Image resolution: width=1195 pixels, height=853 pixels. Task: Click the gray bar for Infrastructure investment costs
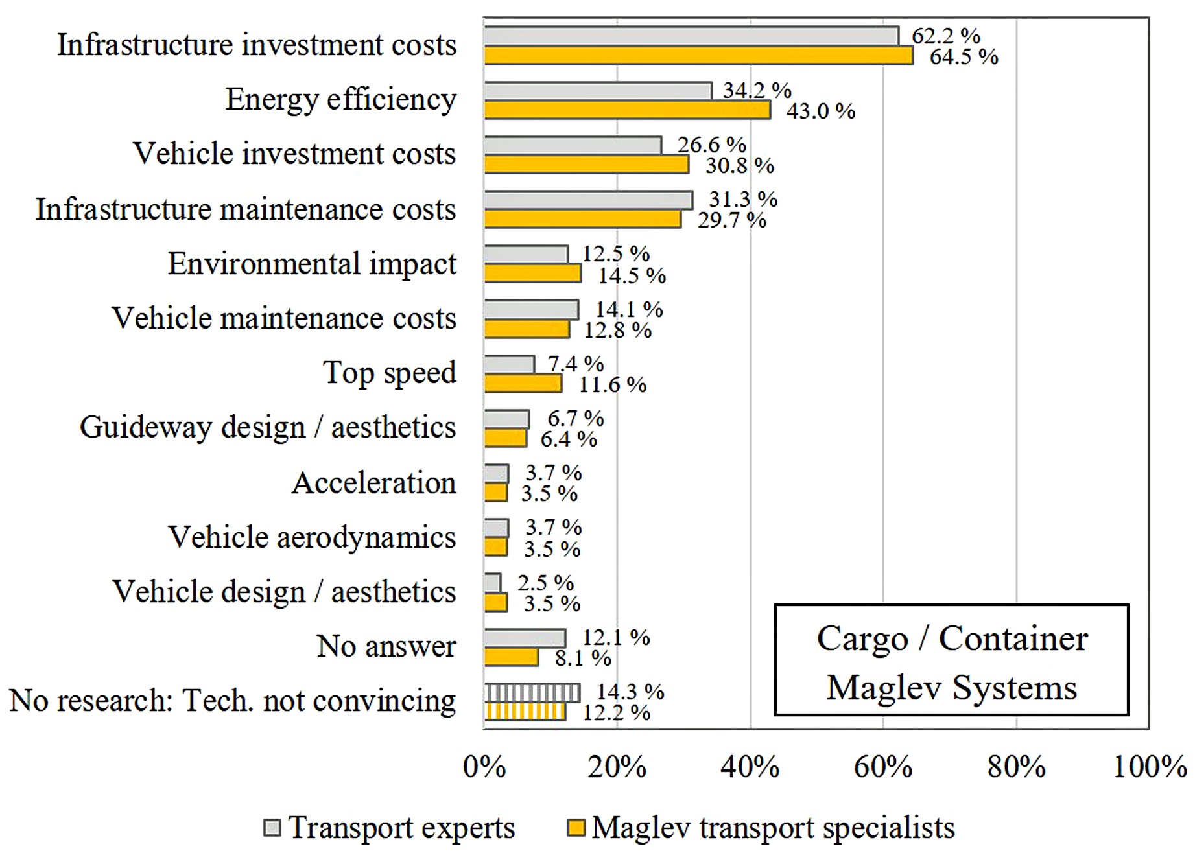tap(691, 36)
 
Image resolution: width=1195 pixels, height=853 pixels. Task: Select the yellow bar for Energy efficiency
tap(628, 110)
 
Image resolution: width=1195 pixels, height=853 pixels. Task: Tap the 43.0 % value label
tap(820, 111)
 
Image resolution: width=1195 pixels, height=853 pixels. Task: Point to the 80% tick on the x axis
tap(1016, 767)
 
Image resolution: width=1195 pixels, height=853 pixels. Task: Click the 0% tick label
tap(484, 767)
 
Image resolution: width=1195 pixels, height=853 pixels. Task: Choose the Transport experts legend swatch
tap(272, 828)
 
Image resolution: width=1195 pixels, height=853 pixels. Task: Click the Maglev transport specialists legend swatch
tap(576, 828)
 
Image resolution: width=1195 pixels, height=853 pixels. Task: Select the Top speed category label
tap(390, 373)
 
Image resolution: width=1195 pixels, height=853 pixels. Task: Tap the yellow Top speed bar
tap(523, 384)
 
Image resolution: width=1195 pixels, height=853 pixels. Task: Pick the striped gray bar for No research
tap(532, 693)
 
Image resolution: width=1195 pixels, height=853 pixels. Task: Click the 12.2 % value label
tap(616, 713)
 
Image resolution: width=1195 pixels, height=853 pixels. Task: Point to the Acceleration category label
tap(374, 483)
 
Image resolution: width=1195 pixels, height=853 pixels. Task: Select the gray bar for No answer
tap(525, 638)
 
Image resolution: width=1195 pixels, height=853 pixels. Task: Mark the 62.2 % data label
tap(946, 36)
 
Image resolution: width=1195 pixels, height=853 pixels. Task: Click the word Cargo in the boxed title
tap(862, 639)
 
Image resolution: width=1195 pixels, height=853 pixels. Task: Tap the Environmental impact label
tap(312, 264)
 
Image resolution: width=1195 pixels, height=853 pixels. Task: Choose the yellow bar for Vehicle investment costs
tap(586, 165)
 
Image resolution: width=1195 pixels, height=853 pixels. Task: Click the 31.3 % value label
tap(742, 199)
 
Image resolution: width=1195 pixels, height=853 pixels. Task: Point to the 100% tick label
tap(1150, 767)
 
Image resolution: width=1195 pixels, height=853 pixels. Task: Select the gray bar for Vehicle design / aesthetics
tap(493, 583)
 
